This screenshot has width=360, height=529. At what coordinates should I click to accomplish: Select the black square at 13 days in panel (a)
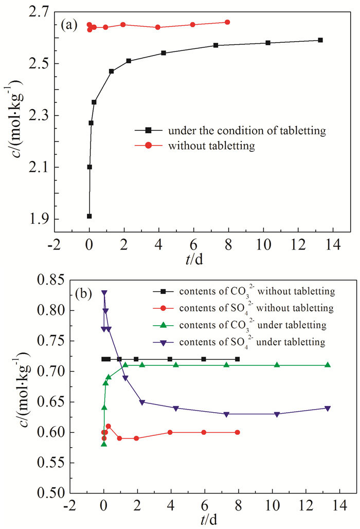[x=320, y=40]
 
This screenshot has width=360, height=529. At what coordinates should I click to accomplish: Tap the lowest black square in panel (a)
[x=89, y=216]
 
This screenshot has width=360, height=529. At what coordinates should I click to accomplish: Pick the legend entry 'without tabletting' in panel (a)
[x=211, y=146]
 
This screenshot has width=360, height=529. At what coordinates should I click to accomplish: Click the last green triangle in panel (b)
[x=328, y=365]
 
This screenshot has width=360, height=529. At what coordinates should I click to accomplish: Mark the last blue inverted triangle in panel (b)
[x=328, y=408]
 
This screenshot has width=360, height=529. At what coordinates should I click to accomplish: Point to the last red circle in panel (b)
[x=238, y=432]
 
